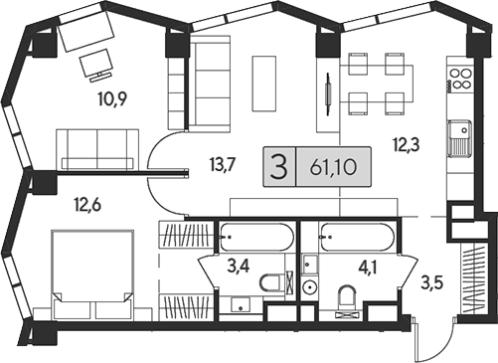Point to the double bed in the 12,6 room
pos(91,267)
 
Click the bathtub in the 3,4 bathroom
pos(256,239)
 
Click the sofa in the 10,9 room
pos(97,148)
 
